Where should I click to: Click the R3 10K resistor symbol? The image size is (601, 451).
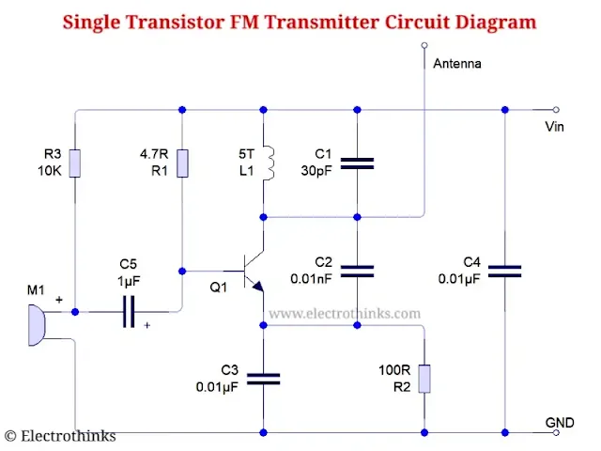[75, 163]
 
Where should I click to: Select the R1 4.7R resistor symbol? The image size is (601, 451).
[182, 163]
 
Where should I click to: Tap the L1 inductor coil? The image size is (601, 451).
[270, 163]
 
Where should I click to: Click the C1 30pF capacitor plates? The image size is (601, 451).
[357, 163]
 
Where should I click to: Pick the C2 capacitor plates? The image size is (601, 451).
[357, 272]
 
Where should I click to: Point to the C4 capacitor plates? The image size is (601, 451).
[505, 272]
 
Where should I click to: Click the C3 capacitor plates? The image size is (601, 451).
[263, 379]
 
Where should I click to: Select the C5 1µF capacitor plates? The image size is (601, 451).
[129, 311]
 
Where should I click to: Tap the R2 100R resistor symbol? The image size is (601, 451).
[424, 379]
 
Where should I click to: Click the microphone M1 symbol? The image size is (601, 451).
[37, 325]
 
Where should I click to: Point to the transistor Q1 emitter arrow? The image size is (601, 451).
[258, 286]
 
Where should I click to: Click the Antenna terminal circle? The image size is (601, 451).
[424, 45]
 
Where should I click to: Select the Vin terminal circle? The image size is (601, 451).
[556, 110]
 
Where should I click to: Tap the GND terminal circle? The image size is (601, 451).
[556, 432]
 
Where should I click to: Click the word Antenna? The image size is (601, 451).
[457, 63]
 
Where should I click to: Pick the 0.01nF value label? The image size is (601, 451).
[311, 279]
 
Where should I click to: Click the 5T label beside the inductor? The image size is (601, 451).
[246, 154]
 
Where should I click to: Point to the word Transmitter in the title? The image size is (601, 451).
[321, 22]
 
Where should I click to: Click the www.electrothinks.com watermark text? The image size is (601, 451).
[345, 314]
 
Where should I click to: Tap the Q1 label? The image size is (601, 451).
[219, 288]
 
